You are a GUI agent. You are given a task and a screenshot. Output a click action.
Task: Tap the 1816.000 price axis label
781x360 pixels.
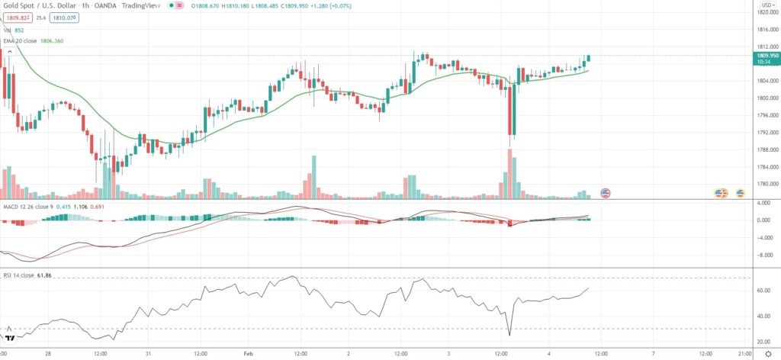pos(764,30)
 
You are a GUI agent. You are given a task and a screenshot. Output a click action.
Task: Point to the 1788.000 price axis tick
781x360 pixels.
pos(764,149)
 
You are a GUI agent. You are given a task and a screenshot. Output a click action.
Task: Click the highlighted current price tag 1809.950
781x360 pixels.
pos(764,56)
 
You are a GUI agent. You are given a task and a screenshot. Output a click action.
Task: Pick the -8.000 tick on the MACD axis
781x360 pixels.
pos(763,255)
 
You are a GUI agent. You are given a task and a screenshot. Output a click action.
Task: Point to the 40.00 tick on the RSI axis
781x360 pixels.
pos(763,316)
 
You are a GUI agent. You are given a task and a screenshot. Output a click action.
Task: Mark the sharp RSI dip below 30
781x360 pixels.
pos(509,333)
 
